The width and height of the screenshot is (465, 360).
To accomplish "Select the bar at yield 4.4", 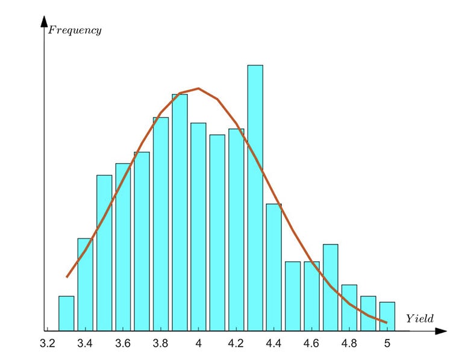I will coord(273,267).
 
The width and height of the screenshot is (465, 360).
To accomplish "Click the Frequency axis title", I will coord(75,30).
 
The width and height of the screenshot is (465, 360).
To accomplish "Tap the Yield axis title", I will coord(419,317).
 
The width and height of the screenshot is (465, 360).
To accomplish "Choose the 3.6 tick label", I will coord(123,344).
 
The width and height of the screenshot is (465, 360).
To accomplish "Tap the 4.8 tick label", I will coord(349,344).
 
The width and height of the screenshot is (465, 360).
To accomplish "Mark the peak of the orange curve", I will coord(198,88).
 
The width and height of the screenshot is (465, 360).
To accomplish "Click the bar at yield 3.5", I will coord(104,253).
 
